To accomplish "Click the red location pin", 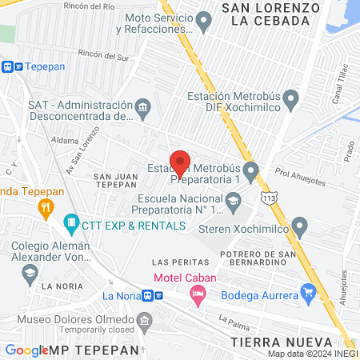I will coord(180,162).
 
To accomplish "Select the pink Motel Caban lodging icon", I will coord(197,295).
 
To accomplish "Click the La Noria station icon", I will coord(149,295).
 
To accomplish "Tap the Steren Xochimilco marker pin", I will coord(299,226).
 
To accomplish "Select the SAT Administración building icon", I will coord(142,106).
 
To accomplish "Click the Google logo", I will coord(26,350).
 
